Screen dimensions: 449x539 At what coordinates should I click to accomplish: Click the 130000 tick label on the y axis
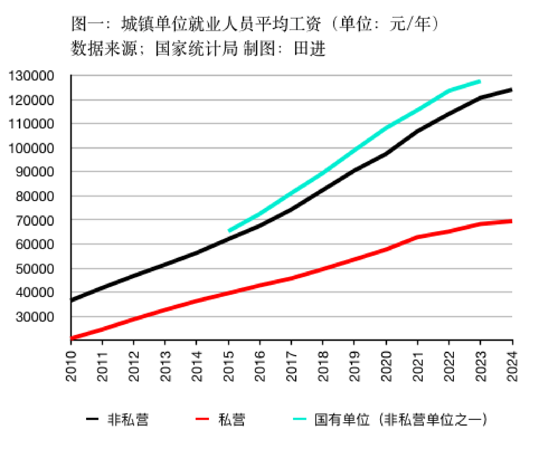(x=31, y=76)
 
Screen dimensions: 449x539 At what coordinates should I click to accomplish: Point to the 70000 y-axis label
(x=35, y=221)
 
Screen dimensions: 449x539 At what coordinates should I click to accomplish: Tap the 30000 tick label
(x=35, y=317)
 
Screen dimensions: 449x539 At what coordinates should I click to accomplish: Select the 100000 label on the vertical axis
(x=31, y=148)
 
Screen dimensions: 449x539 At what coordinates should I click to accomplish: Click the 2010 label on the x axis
(x=71, y=366)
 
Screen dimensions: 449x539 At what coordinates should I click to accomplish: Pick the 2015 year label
(x=229, y=366)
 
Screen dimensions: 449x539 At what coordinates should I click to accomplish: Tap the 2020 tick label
(x=386, y=366)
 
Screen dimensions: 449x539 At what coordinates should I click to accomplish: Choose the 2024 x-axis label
(x=512, y=366)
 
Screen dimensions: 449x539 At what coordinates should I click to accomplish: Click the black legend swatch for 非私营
(x=92, y=419)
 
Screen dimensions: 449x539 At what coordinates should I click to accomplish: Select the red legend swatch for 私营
(x=202, y=419)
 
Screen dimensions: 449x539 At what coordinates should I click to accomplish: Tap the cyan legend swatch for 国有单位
(x=300, y=419)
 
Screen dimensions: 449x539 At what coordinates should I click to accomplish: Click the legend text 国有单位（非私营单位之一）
(x=401, y=419)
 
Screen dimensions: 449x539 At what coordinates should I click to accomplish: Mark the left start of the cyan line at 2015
(x=229, y=231)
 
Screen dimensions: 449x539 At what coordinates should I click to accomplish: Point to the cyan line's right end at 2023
(x=480, y=82)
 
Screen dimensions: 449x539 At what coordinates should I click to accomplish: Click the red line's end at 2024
(x=511, y=221)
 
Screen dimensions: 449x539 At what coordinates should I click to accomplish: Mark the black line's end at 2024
(x=511, y=90)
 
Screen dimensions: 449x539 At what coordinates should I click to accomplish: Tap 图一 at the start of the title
(x=87, y=24)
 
